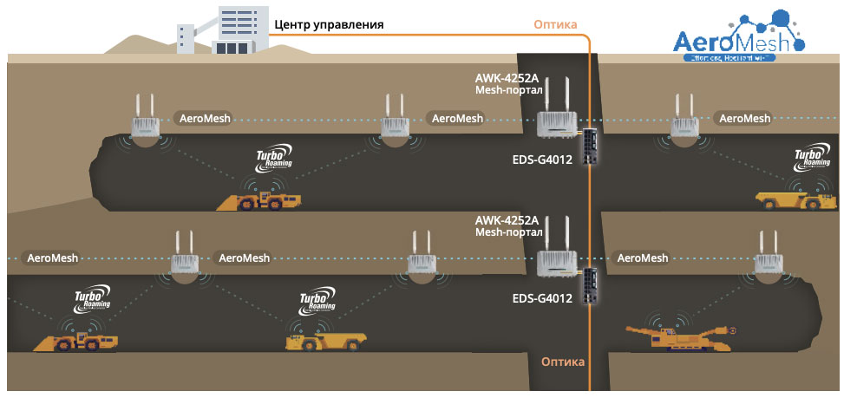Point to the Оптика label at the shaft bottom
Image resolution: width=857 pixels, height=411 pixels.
563,362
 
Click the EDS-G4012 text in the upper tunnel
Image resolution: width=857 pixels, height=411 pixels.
543,160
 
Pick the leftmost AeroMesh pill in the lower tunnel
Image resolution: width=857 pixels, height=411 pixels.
53,258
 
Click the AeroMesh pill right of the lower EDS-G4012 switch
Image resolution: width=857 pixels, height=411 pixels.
642,258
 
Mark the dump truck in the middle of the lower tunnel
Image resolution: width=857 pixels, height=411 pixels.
323,339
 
